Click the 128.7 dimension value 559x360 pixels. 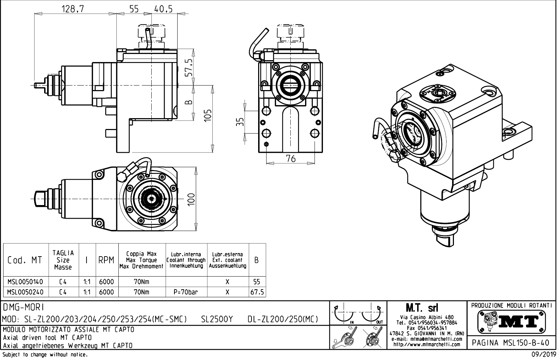(x=73, y=9)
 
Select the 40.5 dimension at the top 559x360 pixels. (x=163, y=9)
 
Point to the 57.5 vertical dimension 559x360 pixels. (x=189, y=67)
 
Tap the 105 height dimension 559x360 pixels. (x=208, y=115)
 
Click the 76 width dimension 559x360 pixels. (x=291, y=159)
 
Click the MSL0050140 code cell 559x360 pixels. (x=25, y=281)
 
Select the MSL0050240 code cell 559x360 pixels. (x=25, y=292)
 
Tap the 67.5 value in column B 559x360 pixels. (x=257, y=292)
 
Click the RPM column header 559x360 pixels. (x=106, y=260)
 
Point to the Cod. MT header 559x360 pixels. (x=25, y=260)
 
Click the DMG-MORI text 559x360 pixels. (x=23, y=307)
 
